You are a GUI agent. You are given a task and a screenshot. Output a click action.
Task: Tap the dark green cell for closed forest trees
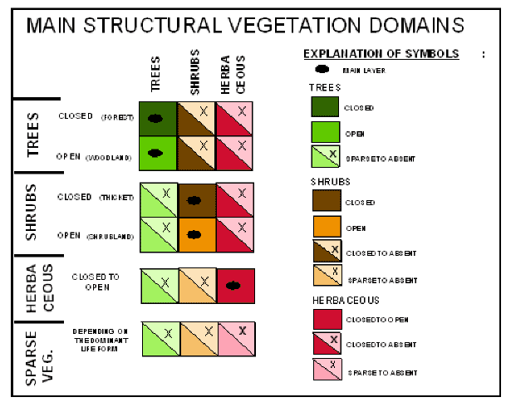point(158,118)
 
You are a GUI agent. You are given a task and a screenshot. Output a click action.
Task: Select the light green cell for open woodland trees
point(158,154)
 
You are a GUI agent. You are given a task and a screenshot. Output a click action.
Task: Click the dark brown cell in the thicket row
point(196,199)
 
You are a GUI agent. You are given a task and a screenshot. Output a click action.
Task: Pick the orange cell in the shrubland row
point(196,235)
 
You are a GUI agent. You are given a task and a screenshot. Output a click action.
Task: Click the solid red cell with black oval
point(235,285)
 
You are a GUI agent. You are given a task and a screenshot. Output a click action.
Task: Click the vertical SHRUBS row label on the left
point(31,214)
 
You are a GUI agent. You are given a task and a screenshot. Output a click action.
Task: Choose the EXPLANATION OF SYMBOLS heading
point(381,54)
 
